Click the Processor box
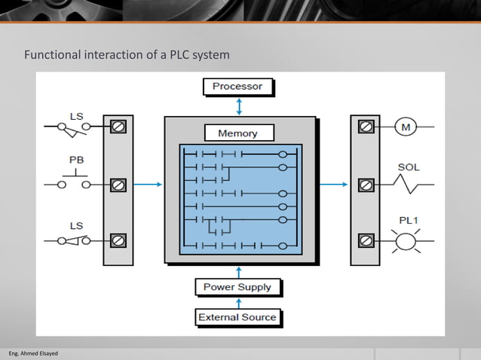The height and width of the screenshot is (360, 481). click(x=237, y=87)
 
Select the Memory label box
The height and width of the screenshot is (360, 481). click(x=237, y=133)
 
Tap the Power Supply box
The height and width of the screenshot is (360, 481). click(x=237, y=287)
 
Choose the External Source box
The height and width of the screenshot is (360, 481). click(x=237, y=317)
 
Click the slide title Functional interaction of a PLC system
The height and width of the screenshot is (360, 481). click(x=127, y=55)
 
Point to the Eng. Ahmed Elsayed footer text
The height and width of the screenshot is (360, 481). click(x=28, y=353)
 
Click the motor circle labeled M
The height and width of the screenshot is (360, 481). click(x=406, y=127)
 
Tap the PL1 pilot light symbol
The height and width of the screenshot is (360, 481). click(x=406, y=241)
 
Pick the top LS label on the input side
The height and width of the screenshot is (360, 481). click(x=77, y=117)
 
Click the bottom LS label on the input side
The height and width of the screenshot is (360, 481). click(x=77, y=225)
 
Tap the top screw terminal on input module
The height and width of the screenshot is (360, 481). click(x=118, y=127)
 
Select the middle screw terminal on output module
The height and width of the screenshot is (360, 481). click(x=366, y=184)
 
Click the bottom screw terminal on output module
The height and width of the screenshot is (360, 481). click(x=366, y=240)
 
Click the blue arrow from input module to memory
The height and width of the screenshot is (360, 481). click(x=148, y=184)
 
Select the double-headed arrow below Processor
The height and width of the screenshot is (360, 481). click(x=239, y=107)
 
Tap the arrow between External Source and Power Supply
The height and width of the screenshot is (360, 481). click(x=239, y=302)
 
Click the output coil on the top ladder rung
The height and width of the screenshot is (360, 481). click(x=283, y=156)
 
